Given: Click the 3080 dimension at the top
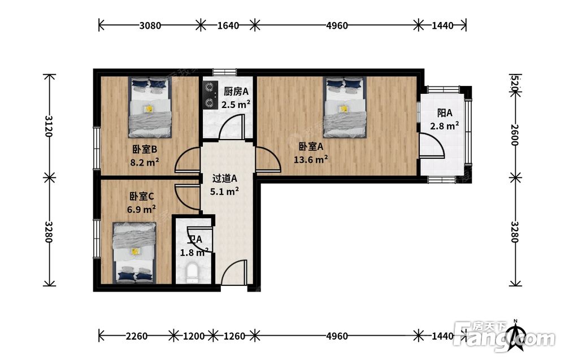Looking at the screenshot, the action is pyautogui.click(x=150, y=25).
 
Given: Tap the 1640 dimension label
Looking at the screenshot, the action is pyautogui.click(x=228, y=25).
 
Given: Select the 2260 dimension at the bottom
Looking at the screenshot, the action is pyautogui.click(x=137, y=336).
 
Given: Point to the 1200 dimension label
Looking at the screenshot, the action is pyautogui.click(x=194, y=336).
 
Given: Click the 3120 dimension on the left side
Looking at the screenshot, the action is pyautogui.click(x=49, y=126).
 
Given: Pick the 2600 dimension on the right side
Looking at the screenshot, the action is pyautogui.click(x=515, y=135).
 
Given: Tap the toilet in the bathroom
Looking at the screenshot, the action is pyautogui.click(x=193, y=272).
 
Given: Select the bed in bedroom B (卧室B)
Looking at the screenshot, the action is pyautogui.click(x=150, y=107).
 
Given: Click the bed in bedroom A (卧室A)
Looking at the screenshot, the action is pyautogui.click(x=345, y=107).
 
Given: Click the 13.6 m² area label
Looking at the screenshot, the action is pyautogui.click(x=311, y=159).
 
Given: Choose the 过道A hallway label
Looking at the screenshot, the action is pyautogui.click(x=224, y=178).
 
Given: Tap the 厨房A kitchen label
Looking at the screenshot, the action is pyautogui.click(x=236, y=92).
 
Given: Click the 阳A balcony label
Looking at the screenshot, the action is pyautogui.click(x=445, y=113).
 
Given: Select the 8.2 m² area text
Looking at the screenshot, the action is pyautogui.click(x=145, y=162).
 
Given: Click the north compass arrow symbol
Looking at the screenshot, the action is pyautogui.click(x=516, y=336).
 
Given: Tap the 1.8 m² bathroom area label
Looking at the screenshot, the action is pyautogui.click(x=194, y=252).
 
